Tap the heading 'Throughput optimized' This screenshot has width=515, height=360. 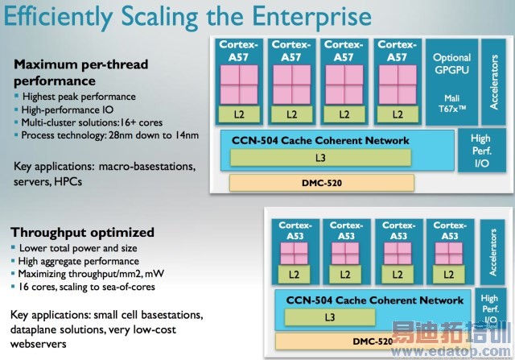click(83, 233)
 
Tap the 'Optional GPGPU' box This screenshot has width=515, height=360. click(451, 64)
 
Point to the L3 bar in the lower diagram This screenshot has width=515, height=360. click(330, 317)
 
